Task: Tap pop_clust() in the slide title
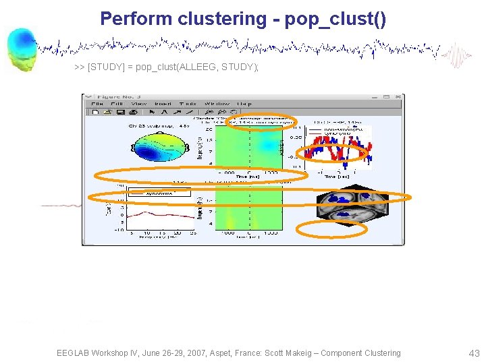335,18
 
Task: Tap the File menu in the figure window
97,104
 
